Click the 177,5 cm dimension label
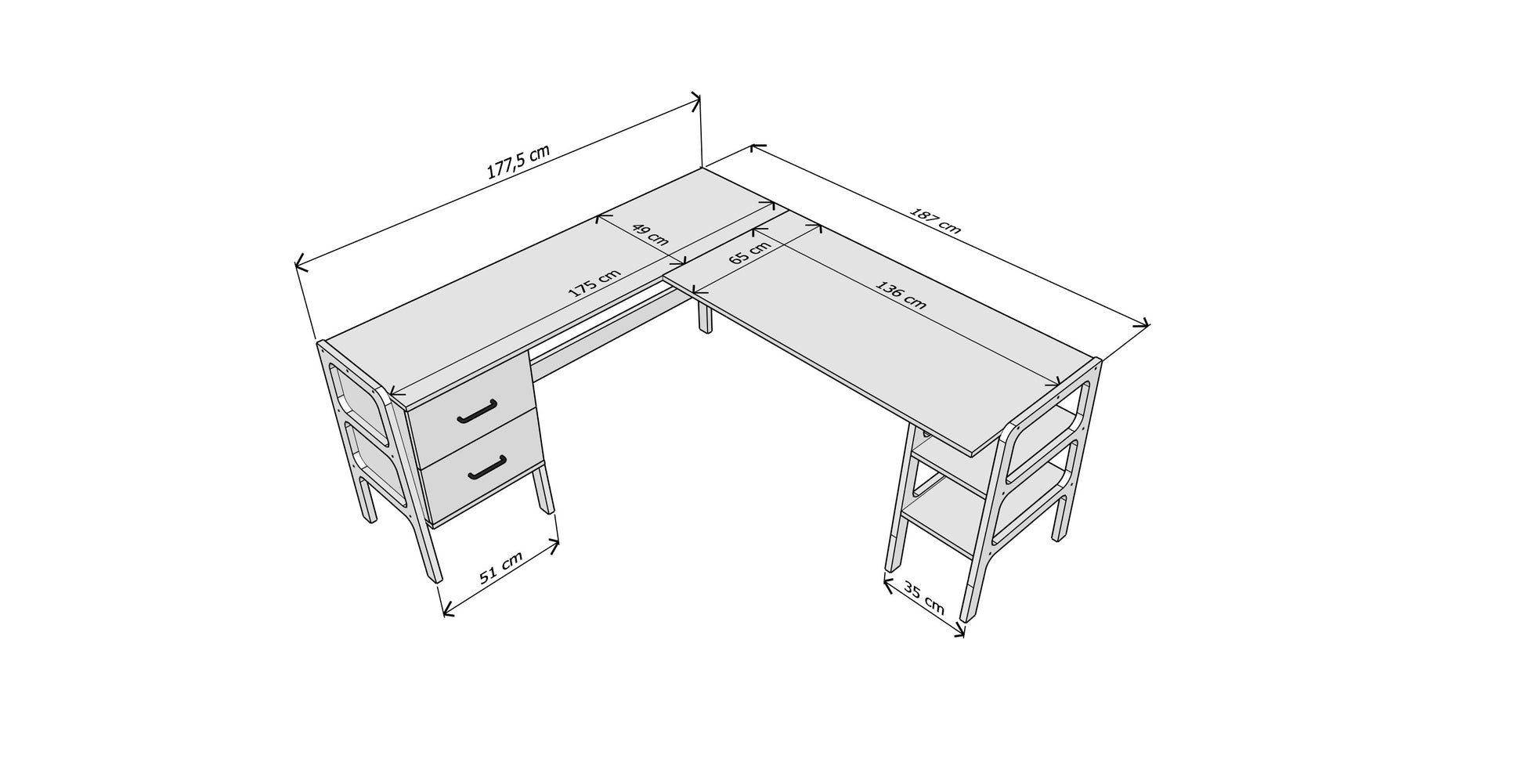click(518, 162)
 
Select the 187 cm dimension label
click(935, 221)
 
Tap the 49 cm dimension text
click(650, 235)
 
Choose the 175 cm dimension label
click(594, 283)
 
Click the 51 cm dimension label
click(500, 566)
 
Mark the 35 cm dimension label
click(924, 598)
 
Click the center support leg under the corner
click(706, 318)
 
